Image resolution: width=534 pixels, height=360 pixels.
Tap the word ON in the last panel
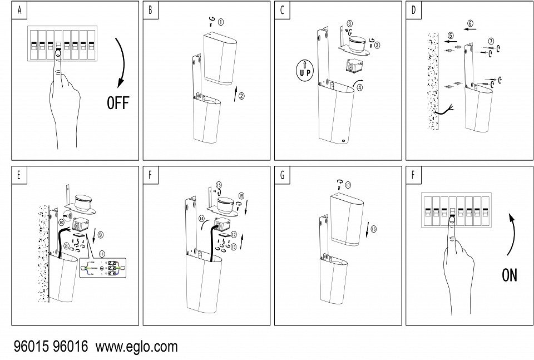[509, 275]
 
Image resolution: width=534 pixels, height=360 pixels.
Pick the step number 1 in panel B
[221, 23]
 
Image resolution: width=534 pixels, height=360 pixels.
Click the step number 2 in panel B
[241, 96]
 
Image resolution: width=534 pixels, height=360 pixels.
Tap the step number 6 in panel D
[471, 24]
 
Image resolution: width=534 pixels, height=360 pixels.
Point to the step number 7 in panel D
[490, 42]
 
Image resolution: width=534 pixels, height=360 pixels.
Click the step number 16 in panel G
[373, 229]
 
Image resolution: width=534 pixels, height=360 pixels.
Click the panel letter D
[413, 10]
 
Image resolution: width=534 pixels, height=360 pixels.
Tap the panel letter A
[19, 10]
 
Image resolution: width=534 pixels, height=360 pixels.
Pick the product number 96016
[70, 347]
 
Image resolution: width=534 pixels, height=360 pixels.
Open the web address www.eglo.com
[137, 347]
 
